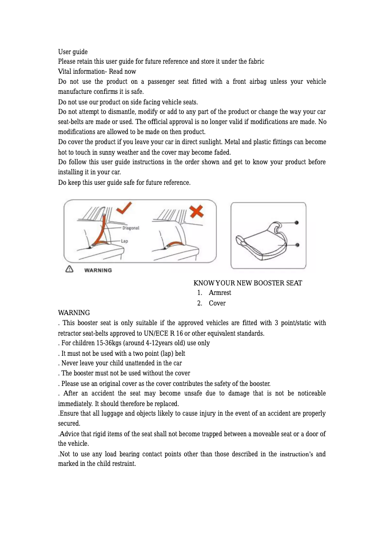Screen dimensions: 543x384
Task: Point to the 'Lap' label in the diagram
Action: tap(124, 241)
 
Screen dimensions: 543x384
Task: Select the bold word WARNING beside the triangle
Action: tap(98, 270)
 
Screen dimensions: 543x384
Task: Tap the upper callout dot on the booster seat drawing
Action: tap(297, 223)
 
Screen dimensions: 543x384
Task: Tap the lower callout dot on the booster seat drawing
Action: tap(297, 245)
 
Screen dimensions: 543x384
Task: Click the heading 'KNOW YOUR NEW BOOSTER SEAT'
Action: tap(248, 283)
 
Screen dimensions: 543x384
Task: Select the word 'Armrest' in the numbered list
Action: tap(220, 293)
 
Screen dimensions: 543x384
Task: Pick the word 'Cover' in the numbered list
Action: tap(217, 303)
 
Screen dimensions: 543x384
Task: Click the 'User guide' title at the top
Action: tap(73, 52)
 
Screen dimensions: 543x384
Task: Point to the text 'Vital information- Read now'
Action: tap(97, 71)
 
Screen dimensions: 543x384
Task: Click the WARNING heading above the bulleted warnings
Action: tap(74, 313)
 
